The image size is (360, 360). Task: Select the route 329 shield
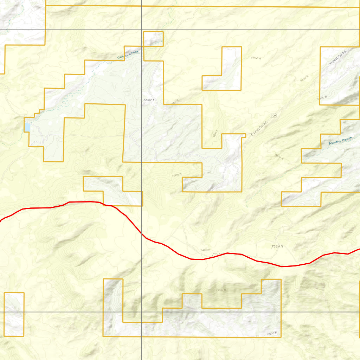pyautogui.click(x=274, y=115)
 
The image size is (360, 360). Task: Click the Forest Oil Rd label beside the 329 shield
pyautogui.click(x=259, y=129)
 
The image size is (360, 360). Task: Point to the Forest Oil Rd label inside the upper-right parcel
pyautogui.click(x=337, y=57)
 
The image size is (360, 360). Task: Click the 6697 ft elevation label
pyautogui.click(x=149, y=100)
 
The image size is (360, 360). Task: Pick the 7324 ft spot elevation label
pyautogui.click(x=277, y=247)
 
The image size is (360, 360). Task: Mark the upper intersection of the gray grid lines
pyautogui.click(x=141, y=30)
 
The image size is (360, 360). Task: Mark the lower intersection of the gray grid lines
pyautogui.click(x=141, y=312)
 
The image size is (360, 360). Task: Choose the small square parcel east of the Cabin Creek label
pyautogui.click(x=153, y=39)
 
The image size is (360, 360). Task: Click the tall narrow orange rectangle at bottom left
pyautogui.click(x=14, y=314)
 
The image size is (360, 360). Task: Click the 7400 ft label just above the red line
pyautogui.click(x=205, y=250)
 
